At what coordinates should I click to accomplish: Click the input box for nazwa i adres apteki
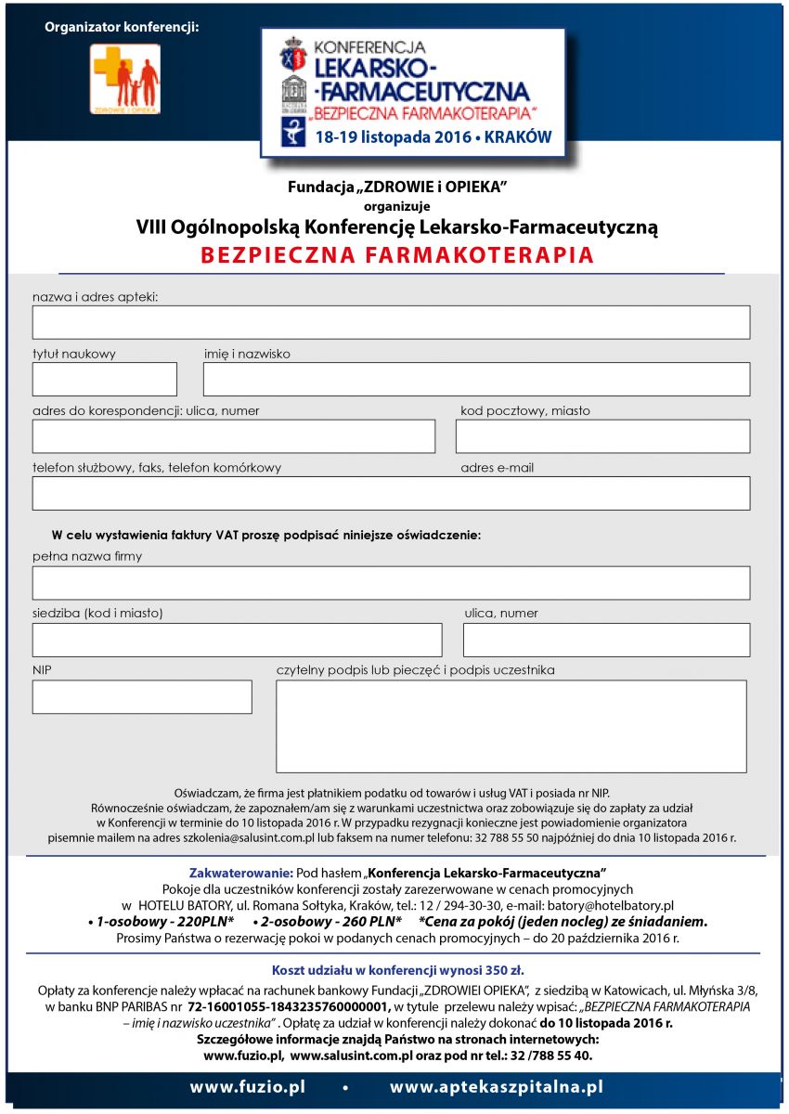pyautogui.click(x=391, y=322)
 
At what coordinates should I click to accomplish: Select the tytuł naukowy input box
pyautogui.click(x=104, y=379)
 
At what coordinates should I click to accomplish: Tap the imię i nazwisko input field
pyautogui.click(x=476, y=379)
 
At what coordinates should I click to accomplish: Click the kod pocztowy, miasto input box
pyautogui.click(x=602, y=436)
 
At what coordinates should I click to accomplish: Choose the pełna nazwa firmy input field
pyautogui.click(x=391, y=583)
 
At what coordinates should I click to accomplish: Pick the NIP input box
pyautogui.click(x=142, y=696)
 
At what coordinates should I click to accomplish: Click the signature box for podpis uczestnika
pyautogui.click(x=511, y=726)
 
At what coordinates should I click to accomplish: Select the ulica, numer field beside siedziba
pyautogui.click(x=606, y=640)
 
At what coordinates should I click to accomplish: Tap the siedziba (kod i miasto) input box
pyautogui.click(x=237, y=640)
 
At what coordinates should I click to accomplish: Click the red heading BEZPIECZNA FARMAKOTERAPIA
pyautogui.click(x=396, y=255)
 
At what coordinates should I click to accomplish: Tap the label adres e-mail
pyautogui.click(x=497, y=468)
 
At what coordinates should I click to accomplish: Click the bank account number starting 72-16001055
pyautogui.click(x=289, y=1006)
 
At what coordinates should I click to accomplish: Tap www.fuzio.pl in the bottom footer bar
pyautogui.click(x=247, y=1087)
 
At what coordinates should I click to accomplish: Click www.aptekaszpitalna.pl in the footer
pyautogui.click(x=497, y=1087)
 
